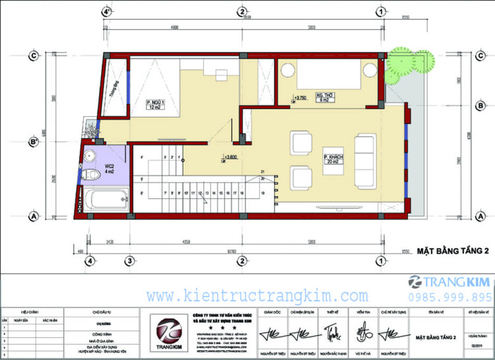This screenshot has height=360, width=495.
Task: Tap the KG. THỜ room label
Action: point(323,96)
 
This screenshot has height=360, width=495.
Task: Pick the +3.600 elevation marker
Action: point(230,157)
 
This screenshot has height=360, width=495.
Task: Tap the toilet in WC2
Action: point(94,175)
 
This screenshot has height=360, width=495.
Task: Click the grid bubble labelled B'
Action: point(32,141)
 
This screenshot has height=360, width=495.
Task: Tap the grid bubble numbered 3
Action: point(131,260)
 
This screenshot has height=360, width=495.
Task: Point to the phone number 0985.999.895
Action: point(450,297)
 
